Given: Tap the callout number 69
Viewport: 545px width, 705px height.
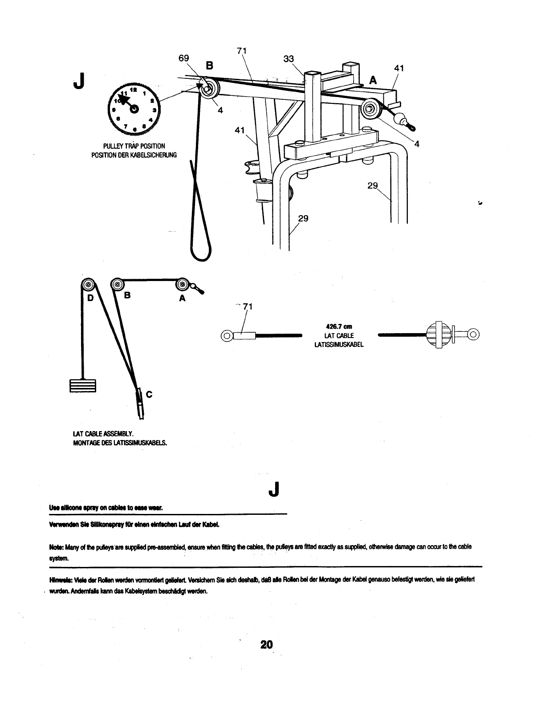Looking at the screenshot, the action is [184, 58].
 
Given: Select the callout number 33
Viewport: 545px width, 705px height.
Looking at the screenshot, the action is [289, 58].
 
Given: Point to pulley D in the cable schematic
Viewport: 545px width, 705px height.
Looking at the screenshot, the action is [88, 285].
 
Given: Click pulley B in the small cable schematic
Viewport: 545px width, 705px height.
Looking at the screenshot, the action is [118, 284].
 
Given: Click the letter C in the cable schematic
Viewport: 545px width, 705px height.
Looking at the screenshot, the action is [149, 394].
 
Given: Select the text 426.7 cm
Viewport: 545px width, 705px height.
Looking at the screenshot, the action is [339, 327].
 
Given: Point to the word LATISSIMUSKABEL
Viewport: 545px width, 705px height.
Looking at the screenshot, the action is [339, 344].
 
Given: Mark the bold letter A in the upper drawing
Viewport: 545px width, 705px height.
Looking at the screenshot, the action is [373, 80].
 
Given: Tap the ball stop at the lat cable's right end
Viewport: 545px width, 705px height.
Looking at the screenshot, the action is [438, 334].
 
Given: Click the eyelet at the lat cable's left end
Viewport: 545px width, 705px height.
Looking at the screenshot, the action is [227, 335].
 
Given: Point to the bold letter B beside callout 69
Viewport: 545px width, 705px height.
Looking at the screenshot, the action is [209, 66].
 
